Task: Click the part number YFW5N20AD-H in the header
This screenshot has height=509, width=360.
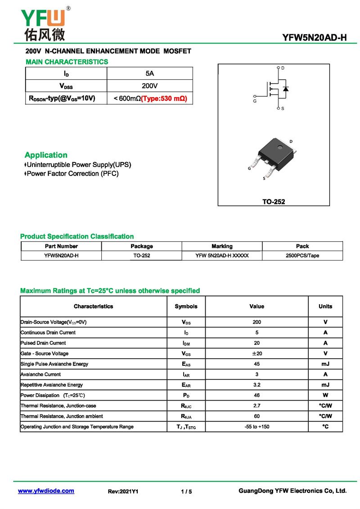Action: click(x=315, y=37)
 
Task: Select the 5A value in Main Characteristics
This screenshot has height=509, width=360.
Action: click(x=150, y=73)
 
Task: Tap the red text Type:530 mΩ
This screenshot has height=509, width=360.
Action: click(x=164, y=98)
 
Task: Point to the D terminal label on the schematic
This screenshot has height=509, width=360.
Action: click(x=283, y=68)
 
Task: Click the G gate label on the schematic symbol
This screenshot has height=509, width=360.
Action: click(x=255, y=101)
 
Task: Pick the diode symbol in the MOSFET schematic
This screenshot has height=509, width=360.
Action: click(x=286, y=88)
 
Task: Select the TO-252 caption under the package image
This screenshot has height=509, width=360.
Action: click(x=274, y=202)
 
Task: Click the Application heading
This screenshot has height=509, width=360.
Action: click(x=46, y=155)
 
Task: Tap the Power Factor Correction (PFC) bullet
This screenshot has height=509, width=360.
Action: click(x=72, y=174)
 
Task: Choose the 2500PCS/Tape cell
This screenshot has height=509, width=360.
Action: click(x=302, y=256)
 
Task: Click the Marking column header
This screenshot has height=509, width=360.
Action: click(x=222, y=246)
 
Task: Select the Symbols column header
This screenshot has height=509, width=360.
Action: click(x=186, y=306)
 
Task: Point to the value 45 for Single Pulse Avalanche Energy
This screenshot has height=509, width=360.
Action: click(x=256, y=364)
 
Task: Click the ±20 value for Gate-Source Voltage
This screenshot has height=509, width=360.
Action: click(x=256, y=354)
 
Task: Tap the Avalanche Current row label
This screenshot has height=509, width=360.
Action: click(x=40, y=374)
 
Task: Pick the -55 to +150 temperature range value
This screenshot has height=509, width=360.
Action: click(x=256, y=427)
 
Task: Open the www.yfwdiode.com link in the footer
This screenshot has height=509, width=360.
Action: click(x=46, y=491)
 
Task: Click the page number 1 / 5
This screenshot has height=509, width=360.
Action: click(x=186, y=491)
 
